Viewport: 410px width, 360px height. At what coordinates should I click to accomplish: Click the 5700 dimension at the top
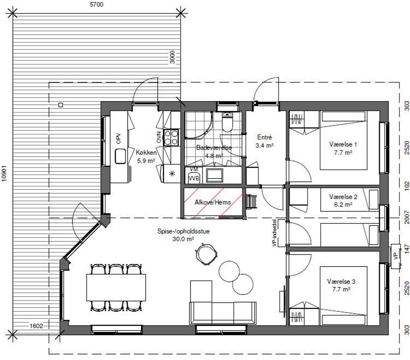tap(96, 4)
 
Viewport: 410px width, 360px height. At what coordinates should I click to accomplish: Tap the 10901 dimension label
tap(4, 173)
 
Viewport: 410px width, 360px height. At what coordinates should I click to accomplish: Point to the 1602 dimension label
tap(36, 326)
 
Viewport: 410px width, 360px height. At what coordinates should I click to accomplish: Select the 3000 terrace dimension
tap(172, 57)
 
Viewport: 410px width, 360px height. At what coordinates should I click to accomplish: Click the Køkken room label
tap(146, 152)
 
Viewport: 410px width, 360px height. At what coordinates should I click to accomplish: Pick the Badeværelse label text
tap(214, 148)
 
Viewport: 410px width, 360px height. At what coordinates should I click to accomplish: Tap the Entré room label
tap(264, 137)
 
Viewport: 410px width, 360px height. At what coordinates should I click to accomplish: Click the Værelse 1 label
tap(343, 144)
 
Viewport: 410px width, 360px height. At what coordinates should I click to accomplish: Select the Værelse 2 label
tap(343, 196)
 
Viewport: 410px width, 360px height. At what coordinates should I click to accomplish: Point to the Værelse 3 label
tap(341, 281)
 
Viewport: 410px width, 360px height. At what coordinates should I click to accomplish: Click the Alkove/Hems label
tap(213, 202)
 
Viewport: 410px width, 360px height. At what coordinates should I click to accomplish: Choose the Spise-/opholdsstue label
tap(183, 231)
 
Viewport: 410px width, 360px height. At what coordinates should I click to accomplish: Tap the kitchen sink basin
tap(120, 156)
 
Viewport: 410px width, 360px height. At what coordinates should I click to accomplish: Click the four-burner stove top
tap(171, 138)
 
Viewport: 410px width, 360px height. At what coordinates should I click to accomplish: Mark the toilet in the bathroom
tap(228, 122)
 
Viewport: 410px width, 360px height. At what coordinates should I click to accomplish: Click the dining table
tap(116, 288)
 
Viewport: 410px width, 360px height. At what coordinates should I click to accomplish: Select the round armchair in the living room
tap(207, 254)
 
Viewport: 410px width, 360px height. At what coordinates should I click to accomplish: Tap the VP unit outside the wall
tap(396, 256)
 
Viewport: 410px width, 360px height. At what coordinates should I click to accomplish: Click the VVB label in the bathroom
tap(194, 179)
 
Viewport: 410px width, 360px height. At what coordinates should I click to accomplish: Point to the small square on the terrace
tap(61, 105)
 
